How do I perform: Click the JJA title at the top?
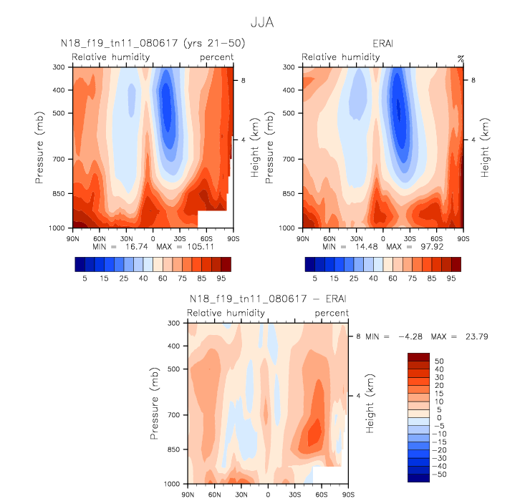262,23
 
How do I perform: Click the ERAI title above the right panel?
383,44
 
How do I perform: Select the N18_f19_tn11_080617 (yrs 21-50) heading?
153,44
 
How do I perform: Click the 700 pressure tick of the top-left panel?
59,159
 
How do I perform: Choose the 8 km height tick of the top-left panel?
243,81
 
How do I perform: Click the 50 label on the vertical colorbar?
439,361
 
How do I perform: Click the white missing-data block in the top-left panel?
213,218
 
